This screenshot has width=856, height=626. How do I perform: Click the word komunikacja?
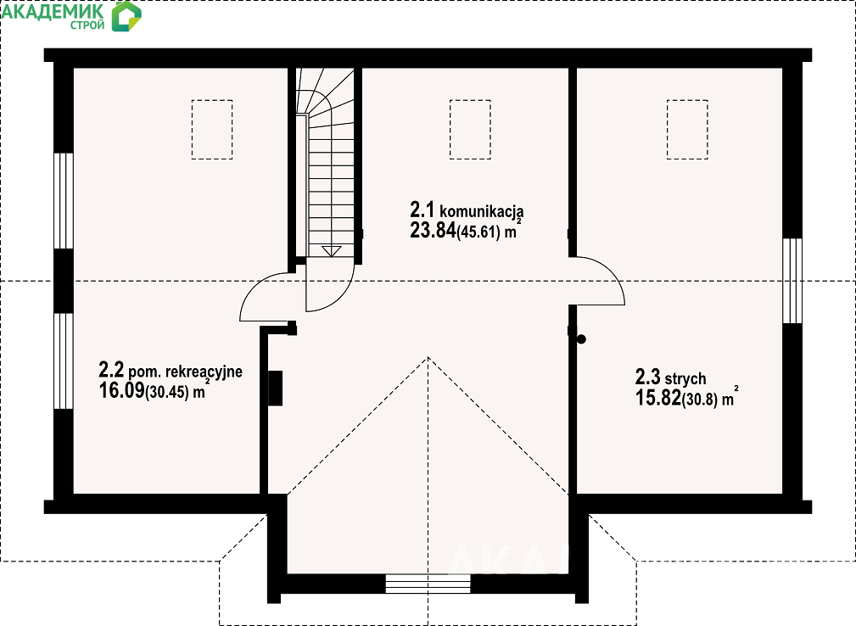[x=482, y=210]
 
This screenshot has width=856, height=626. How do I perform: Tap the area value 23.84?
[x=433, y=231]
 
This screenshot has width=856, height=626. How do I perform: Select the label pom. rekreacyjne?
[x=186, y=372]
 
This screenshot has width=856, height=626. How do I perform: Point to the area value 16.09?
[x=121, y=390]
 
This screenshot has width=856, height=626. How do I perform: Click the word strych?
[x=685, y=378]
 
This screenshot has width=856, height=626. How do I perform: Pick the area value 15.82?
[x=658, y=398]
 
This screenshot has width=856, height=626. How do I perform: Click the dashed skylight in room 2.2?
[x=212, y=129]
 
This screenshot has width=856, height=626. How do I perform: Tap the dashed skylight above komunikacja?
[x=470, y=129]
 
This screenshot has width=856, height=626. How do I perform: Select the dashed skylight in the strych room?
[x=687, y=129]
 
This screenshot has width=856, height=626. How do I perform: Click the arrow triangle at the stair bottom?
[x=332, y=251]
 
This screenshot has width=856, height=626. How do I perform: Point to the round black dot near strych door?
[x=581, y=339]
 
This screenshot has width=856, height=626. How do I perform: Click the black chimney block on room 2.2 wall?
[x=275, y=388]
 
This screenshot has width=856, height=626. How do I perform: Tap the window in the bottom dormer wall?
[x=428, y=584]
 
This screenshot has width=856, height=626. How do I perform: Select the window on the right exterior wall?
[x=792, y=281]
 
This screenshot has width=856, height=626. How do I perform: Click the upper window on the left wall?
[x=64, y=201]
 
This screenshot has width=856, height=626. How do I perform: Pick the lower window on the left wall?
[x=64, y=361]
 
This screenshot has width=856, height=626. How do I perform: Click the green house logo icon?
[x=126, y=16]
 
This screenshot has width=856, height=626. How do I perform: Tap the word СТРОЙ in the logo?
[x=87, y=25]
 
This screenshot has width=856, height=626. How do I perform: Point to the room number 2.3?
[x=647, y=377]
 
